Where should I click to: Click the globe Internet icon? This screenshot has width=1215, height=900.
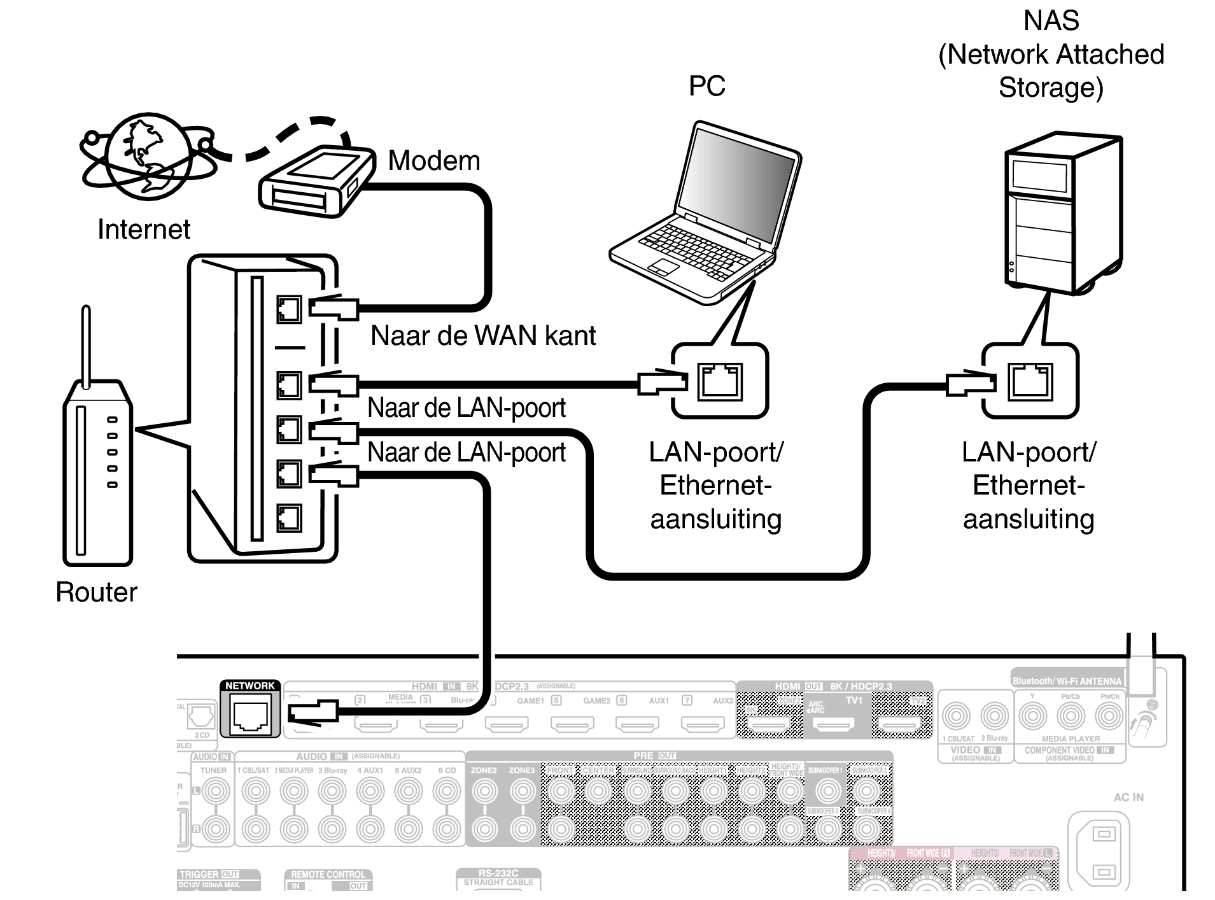click(x=148, y=156)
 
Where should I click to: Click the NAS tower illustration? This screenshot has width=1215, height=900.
click(x=1063, y=213)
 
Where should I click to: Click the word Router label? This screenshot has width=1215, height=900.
click(x=96, y=592)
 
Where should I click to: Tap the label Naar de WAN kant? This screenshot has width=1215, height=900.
click(x=482, y=335)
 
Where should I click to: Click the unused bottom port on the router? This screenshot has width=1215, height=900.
click(x=289, y=518)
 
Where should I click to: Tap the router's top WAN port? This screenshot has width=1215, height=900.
click(x=289, y=310)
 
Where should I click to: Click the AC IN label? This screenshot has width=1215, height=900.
click(x=1128, y=797)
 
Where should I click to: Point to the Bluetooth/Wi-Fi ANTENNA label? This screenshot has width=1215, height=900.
click(x=1067, y=681)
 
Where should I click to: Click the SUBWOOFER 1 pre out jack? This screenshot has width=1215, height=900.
click(x=827, y=791)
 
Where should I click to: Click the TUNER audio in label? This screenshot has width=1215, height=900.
click(x=213, y=770)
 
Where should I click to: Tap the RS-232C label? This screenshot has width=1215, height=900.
click(x=498, y=873)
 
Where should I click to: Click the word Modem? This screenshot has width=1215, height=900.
click(x=434, y=160)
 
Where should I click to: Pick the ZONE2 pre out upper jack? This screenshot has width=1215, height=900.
click(x=484, y=791)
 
